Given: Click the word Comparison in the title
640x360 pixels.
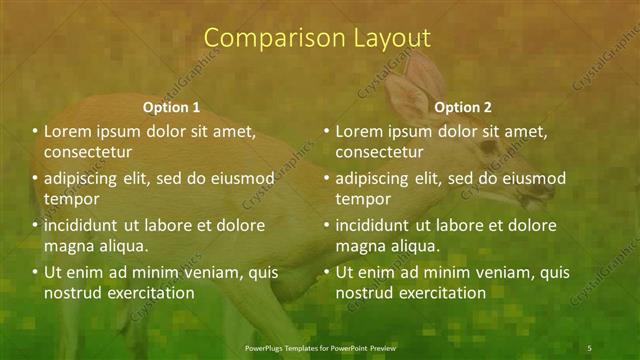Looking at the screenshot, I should [x=265, y=38].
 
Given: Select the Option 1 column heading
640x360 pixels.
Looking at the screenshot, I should [x=171, y=107].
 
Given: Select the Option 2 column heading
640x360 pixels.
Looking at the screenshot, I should [x=464, y=107].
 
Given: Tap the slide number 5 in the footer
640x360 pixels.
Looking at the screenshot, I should [x=589, y=347].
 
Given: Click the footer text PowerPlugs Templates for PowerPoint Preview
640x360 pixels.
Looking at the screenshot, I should [x=320, y=347].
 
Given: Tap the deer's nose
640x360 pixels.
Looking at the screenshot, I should [x=548, y=189].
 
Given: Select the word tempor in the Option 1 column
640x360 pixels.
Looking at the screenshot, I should [x=70, y=200].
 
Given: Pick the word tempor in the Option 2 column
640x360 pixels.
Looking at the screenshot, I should [x=362, y=200].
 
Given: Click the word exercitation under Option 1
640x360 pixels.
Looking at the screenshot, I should [x=147, y=294].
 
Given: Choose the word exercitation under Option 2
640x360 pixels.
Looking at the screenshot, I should [x=440, y=294].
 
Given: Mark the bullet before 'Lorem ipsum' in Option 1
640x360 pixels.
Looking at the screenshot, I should [x=35, y=131].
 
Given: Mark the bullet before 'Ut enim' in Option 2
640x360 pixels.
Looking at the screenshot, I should [x=327, y=272].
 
